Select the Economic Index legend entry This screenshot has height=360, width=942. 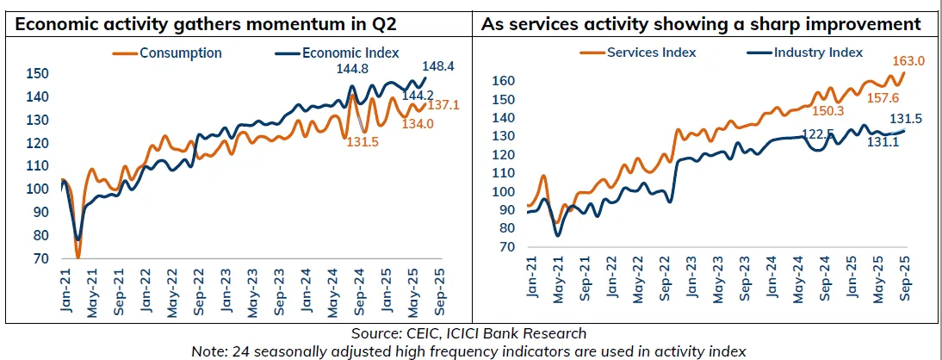(350, 53)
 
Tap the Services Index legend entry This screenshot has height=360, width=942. (651, 53)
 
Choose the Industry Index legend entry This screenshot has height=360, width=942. (818, 53)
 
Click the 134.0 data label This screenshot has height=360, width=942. (416, 123)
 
